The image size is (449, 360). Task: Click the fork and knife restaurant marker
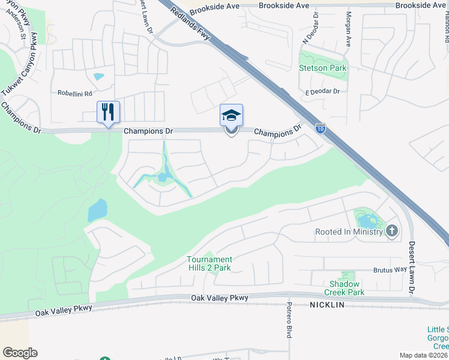click(108, 112)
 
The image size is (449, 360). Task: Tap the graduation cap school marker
click(232, 116)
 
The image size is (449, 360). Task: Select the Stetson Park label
click(323, 68)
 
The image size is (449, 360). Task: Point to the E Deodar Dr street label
click(322, 91)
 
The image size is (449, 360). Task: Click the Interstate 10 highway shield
click(321, 128)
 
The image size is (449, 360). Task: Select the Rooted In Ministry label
click(349, 232)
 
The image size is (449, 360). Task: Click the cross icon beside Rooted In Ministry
click(392, 231)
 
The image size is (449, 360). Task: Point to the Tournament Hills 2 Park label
click(209, 263)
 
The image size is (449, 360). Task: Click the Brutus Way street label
click(390, 270)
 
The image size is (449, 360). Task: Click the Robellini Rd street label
click(74, 94)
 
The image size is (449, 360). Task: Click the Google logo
click(20, 352)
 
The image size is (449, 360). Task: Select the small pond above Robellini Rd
click(98, 77)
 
